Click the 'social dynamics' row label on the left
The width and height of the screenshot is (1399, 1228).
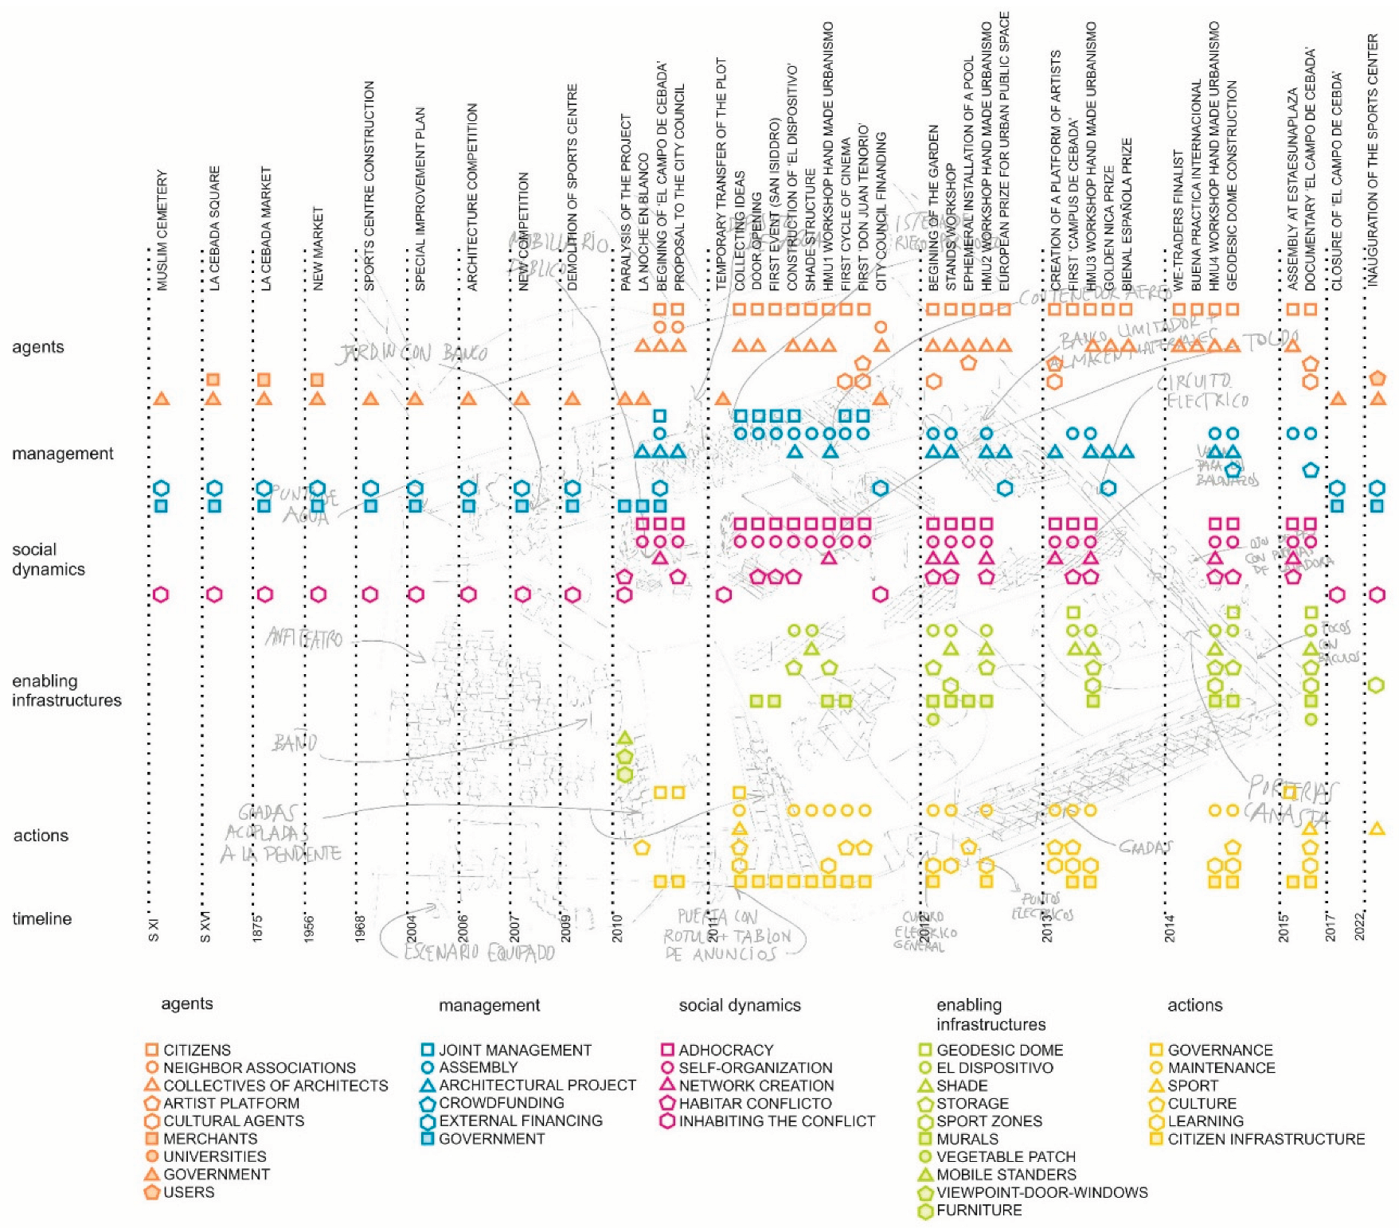coord(48,559)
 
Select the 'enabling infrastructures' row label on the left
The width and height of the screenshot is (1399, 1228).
coord(66,690)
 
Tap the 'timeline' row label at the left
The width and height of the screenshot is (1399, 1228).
coord(41,918)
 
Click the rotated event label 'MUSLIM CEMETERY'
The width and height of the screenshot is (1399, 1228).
coord(162,230)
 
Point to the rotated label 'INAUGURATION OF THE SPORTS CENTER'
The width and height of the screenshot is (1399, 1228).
coord(1373,159)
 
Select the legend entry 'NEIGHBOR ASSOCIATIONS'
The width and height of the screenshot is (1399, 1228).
coord(259,1067)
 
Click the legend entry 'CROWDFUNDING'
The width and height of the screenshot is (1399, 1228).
coord(501,1103)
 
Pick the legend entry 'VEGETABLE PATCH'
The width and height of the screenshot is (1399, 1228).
coord(1006,1156)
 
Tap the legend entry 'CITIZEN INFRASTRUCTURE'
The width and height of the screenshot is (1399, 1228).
coord(1266,1139)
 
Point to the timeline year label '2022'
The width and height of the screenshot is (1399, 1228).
coord(1361,926)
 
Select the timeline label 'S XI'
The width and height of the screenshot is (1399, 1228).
coord(154,930)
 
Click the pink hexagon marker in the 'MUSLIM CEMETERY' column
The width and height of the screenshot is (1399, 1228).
coord(161,595)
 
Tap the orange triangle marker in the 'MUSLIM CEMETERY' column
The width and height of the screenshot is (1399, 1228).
coord(161,398)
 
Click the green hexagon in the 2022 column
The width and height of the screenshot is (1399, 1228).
coord(1377,684)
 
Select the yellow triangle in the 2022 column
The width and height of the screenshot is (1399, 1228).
coord(1377,828)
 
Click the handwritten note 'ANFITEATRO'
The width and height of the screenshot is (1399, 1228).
coord(304,638)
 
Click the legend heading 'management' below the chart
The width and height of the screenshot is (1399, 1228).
coord(489,1005)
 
